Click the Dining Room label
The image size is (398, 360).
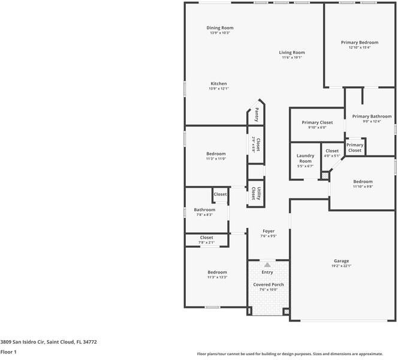pyautogui.click(x=220, y=28)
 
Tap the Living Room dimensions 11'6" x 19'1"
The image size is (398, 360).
pyautogui.click(x=292, y=58)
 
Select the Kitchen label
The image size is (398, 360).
pyautogui.click(x=219, y=83)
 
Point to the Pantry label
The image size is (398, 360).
pyautogui.click(x=257, y=115)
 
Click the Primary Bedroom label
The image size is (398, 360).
pyautogui.click(x=360, y=43)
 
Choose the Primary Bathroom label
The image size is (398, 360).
pyautogui.click(x=372, y=116)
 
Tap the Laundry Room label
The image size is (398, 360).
pyautogui.click(x=305, y=158)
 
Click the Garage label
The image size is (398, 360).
pyautogui.click(x=342, y=261)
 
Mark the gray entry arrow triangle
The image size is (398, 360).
pyautogui.click(x=267, y=265)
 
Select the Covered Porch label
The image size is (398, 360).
pyautogui.click(x=269, y=284)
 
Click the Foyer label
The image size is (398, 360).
pyautogui.click(x=269, y=231)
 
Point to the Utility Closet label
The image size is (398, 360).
pyautogui.click(x=256, y=193)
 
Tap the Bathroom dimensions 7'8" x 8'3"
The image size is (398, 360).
pyautogui.click(x=204, y=215)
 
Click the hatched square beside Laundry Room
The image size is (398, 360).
pyautogui.click(x=325, y=176)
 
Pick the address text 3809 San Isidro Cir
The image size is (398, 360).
pyautogui.click(x=22, y=342)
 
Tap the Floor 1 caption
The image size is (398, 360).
pyautogui.click(x=8, y=352)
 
